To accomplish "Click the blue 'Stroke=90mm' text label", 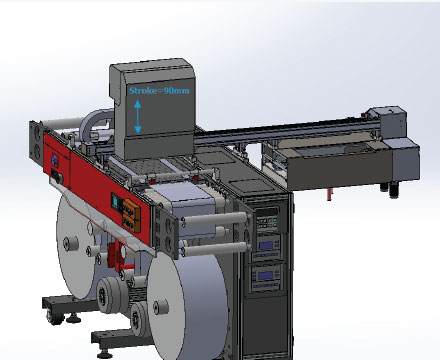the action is (x=159, y=91).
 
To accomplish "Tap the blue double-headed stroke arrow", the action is (x=138, y=117).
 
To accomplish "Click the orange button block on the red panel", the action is (x=131, y=215).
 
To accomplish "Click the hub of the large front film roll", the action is (x=161, y=307).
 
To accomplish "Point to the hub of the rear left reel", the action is (x=71, y=244).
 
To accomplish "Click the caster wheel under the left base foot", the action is (x=53, y=317).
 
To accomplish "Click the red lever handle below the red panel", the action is (x=128, y=267).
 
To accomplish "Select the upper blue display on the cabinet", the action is (x=267, y=246).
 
